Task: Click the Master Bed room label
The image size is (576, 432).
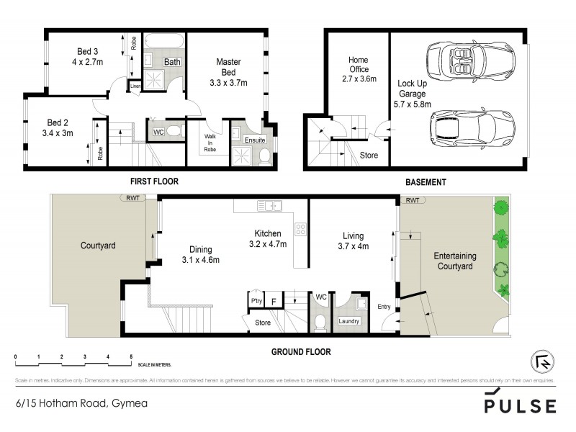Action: (228, 67)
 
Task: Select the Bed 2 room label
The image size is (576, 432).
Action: (58, 122)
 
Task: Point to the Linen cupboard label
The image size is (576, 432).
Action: (135, 87)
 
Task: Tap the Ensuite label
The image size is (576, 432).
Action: (254, 139)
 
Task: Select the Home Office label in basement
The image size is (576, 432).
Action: (359, 63)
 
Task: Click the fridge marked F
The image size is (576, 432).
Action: (274, 302)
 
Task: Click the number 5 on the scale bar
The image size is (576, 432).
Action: (131, 356)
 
